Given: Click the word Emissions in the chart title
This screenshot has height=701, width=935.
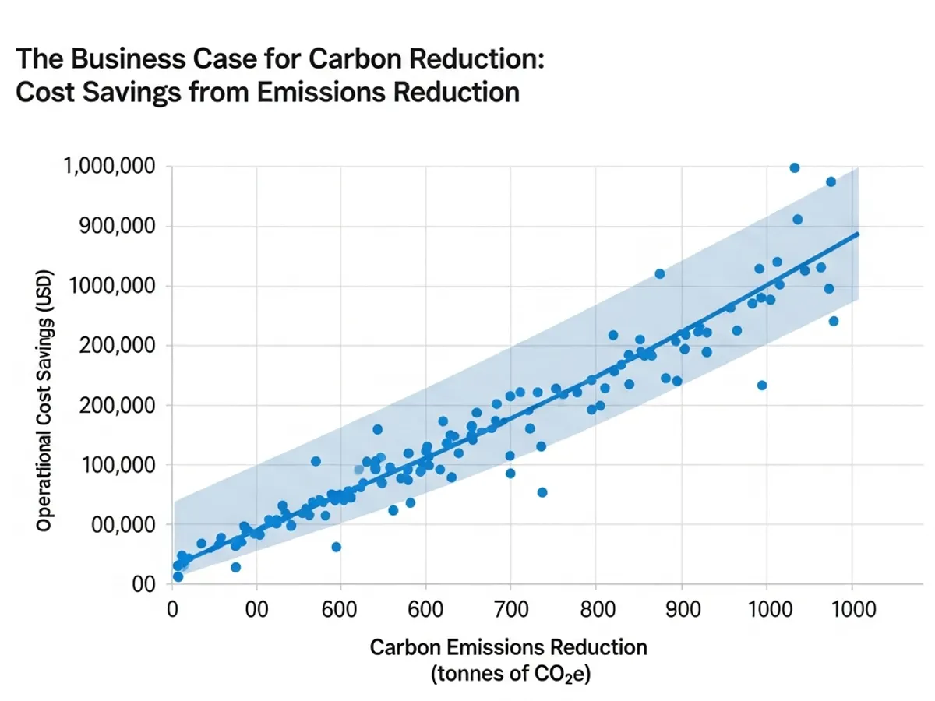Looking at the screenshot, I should pyautogui.click(x=319, y=91).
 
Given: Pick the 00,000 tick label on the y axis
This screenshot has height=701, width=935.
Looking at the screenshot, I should pyautogui.click(x=125, y=525).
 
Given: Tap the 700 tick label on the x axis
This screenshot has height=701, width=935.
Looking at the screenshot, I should pyautogui.click(x=510, y=608).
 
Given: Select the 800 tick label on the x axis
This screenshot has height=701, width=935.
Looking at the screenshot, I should pyautogui.click(x=596, y=608).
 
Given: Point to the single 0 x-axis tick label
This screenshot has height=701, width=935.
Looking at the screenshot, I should pyautogui.click(x=172, y=608).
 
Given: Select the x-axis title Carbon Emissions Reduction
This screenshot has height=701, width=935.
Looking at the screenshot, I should pyautogui.click(x=508, y=647).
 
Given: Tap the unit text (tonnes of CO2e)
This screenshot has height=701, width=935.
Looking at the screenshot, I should pyautogui.click(x=508, y=675).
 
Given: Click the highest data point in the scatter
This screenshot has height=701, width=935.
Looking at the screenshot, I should pyautogui.click(x=794, y=167).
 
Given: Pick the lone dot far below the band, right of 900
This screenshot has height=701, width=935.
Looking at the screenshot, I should pyautogui.click(x=762, y=385).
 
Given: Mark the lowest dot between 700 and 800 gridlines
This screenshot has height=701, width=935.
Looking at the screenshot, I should pyautogui.click(x=542, y=492).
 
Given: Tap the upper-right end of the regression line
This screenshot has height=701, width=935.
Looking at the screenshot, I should pyautogui.click(x=858, y=233).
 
